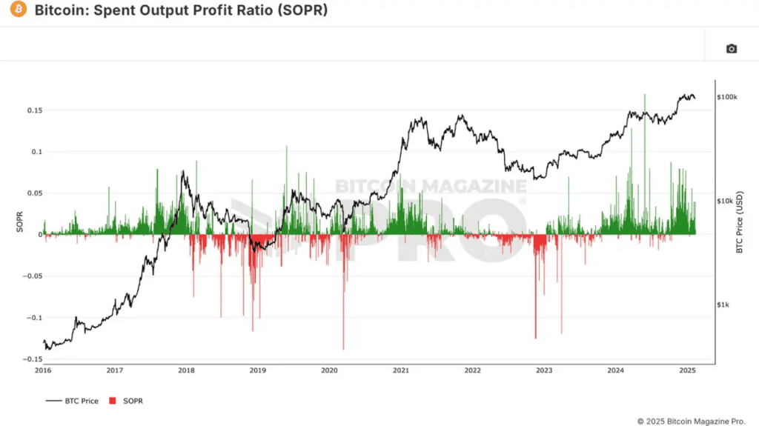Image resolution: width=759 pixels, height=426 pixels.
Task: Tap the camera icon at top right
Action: (x=731, y=49)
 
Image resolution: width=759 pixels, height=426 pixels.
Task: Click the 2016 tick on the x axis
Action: (x=43, y=370)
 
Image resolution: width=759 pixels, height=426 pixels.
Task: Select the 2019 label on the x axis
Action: (x=257, y=370)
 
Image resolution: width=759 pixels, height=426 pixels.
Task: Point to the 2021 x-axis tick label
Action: (x=401, y=370)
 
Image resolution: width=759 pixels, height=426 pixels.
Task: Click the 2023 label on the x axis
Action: (x=543, y=370)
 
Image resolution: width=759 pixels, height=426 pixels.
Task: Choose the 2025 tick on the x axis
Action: (x=686, y=370)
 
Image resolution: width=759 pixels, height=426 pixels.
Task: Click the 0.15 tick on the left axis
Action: (x=31, y=110)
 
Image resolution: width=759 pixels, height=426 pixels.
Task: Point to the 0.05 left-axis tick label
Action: (x=31, y=193)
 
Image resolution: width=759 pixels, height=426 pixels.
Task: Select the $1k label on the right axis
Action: (x=723, y=304)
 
